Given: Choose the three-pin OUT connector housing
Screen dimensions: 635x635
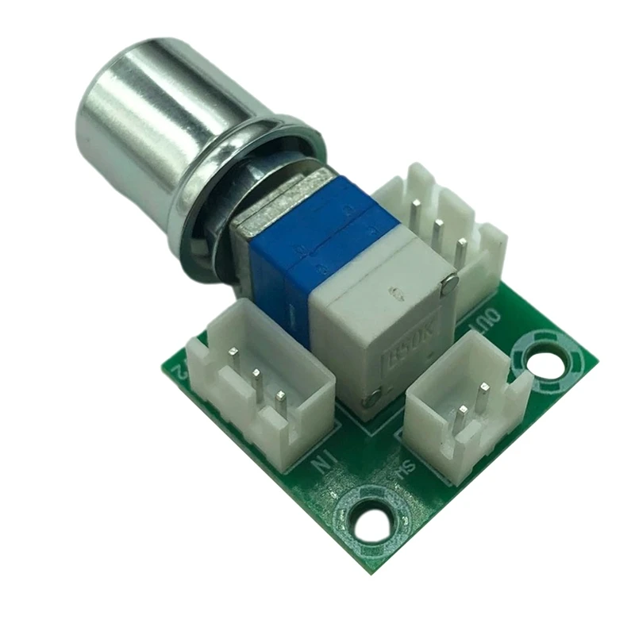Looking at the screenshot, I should (444, 230).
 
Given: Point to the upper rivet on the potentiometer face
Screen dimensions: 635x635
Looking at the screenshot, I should (450, 280).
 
